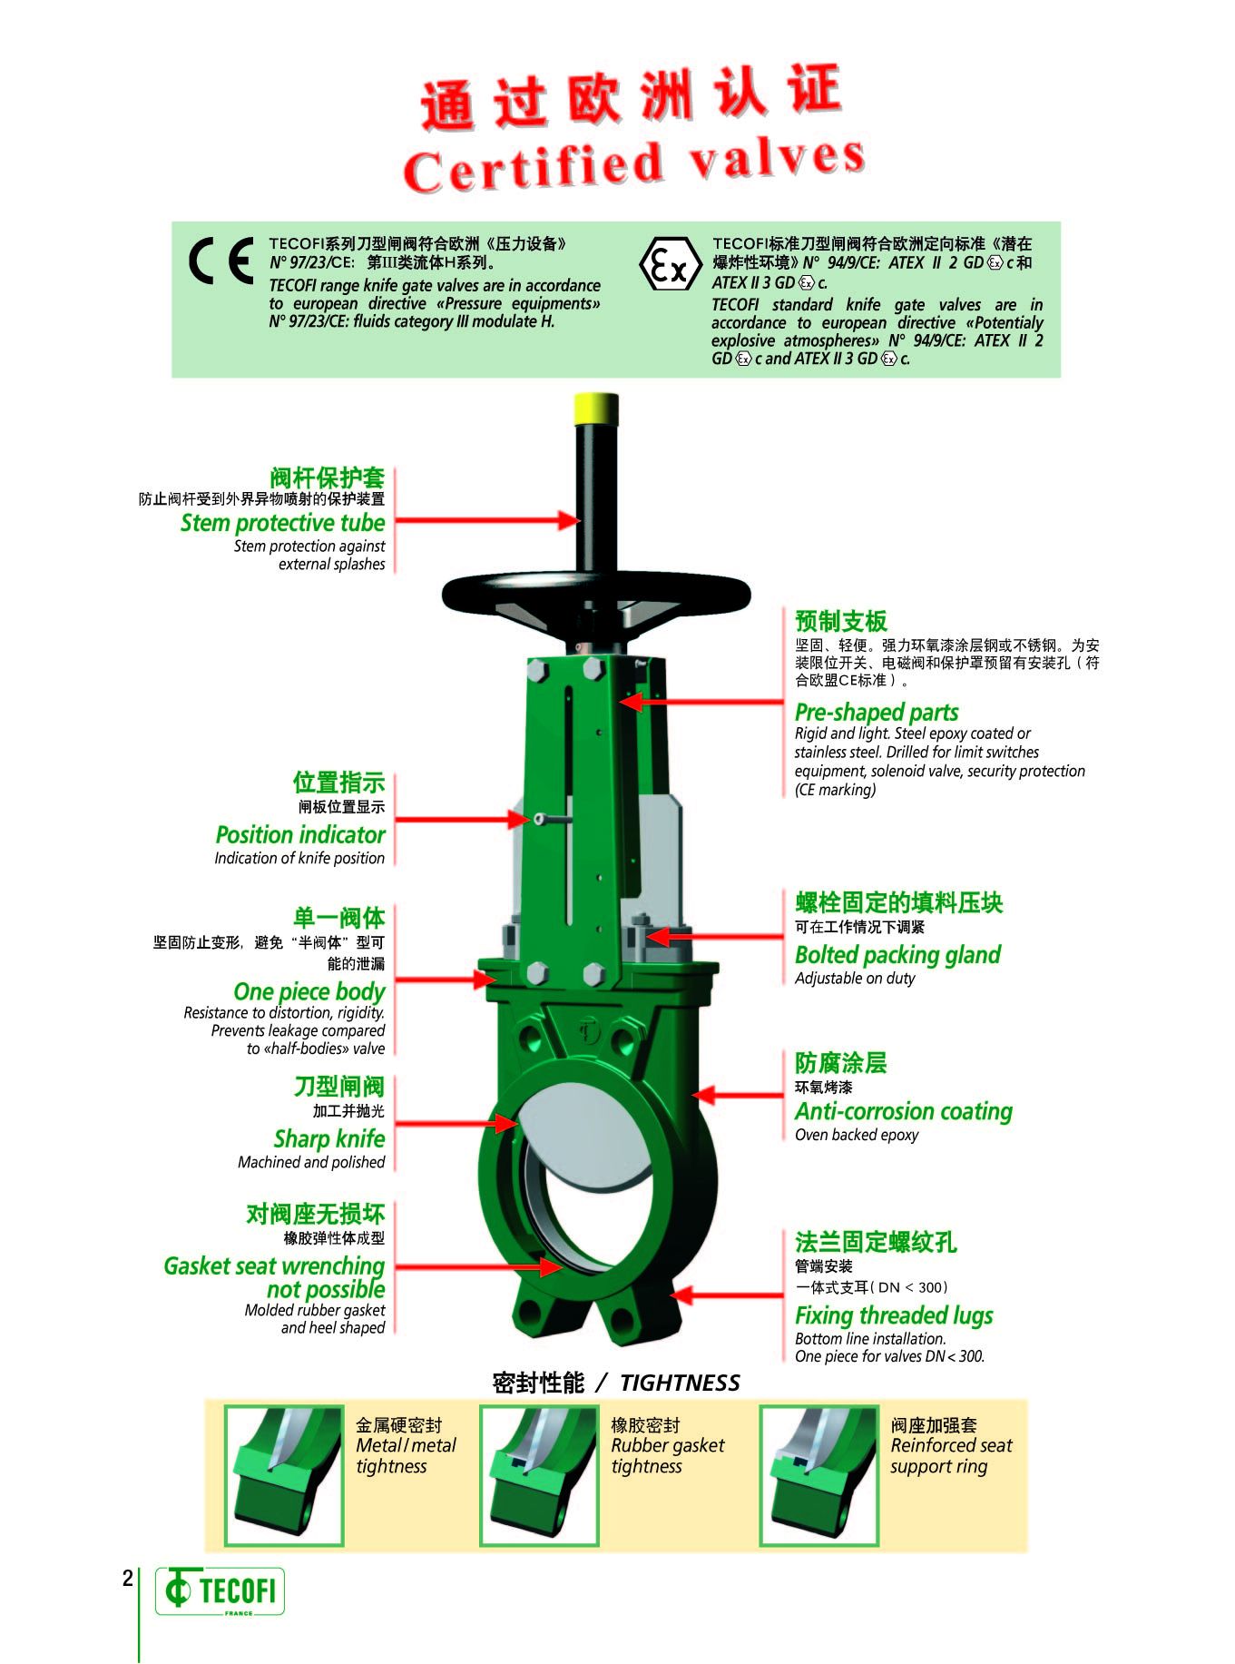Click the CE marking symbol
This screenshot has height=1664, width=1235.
point(221,261)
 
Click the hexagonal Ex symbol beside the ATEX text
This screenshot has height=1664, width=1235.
point(671,264)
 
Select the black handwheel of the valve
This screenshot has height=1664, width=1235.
point(596,599)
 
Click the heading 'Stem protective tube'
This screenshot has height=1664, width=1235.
point(282,523)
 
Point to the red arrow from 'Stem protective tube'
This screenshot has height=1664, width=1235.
point(488,520)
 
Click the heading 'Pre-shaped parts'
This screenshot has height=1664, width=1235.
point(877,712)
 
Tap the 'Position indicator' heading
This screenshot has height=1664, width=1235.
point(299,834)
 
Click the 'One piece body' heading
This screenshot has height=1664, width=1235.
point(309,991)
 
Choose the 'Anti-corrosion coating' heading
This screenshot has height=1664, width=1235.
point(904,1111)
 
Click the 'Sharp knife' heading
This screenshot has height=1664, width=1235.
point(329,1138)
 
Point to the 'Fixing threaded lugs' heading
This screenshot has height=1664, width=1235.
point(894,1315)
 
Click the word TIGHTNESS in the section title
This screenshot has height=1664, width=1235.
point(680,1383)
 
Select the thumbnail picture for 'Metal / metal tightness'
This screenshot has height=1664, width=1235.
point(284,1475)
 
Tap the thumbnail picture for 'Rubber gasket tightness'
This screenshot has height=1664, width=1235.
point(539,1475)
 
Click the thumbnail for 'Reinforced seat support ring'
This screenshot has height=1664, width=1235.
point(819,1475)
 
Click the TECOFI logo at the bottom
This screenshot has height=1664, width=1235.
point(220,1590)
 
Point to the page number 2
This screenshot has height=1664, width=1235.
point(128,1578)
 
